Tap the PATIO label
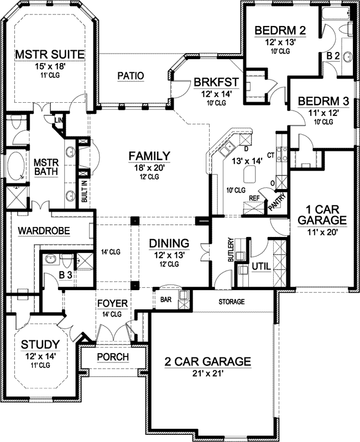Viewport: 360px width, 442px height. point(131,76)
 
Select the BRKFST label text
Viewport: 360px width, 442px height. point(216,83)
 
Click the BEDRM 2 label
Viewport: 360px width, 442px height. point(280,30)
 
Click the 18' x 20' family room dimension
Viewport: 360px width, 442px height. point(147,167)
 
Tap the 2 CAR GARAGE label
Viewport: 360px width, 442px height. point(208,362)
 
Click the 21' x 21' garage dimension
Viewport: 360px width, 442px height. point(208,374)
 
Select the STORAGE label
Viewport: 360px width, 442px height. point(231,302)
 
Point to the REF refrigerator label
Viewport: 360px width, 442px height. point(254,198)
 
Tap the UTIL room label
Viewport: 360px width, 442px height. point(260,266)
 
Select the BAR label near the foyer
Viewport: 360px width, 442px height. point(165,300)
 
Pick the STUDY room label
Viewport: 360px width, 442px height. point(40,345)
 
